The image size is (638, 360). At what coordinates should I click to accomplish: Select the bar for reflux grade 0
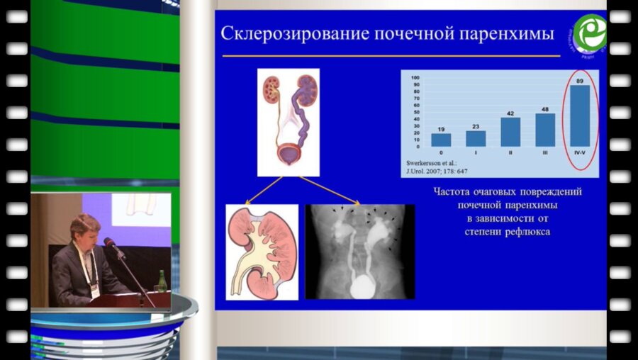pyautogui.click(x=441, y=140)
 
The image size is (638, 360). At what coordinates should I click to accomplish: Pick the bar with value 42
pyautogui.click(x=510, y=132)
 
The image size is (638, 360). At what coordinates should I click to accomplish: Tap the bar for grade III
pyautogui.click(x=545, y=130)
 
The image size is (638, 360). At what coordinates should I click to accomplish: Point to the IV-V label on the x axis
pyautogui.click(x=580, y=152)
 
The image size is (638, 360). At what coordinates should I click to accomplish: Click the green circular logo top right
pyautogui.click(x=589, y=33)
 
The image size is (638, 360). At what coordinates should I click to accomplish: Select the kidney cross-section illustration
pyautogui.click(x=262, y=252)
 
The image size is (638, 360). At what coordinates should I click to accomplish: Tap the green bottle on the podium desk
pyautogui.click(x=162, y=281)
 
